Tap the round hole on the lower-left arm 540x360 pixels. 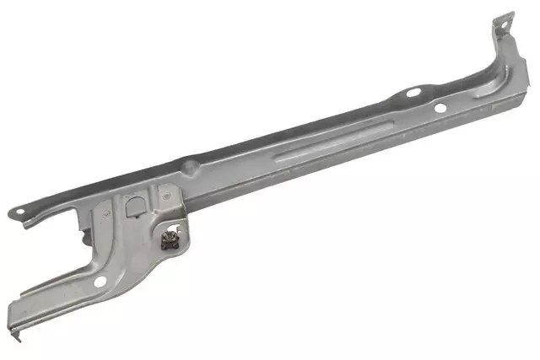100,282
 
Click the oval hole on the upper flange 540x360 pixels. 413,92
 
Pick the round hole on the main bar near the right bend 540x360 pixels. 439,107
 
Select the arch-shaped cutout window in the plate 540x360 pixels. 133,205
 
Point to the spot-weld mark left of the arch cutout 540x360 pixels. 105,213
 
